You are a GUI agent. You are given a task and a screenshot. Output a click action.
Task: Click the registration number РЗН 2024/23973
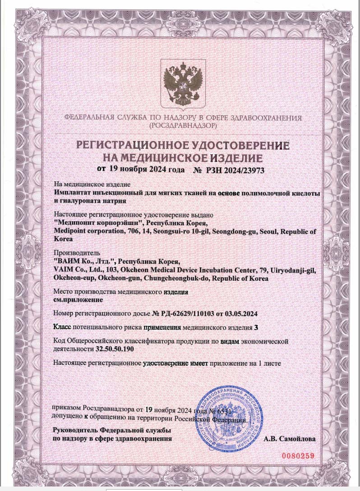pyautogui.click(x=235, y=170)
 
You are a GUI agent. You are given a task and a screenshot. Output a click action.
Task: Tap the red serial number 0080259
pyautogui.click(x=298, y=455)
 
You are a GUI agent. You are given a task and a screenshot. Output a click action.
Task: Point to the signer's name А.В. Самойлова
pyautogui.click(x=290, y=438)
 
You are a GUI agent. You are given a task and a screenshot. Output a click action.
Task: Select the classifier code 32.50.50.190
pyautogui.click(x=115, y=349)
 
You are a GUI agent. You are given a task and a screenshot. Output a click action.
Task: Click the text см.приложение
pyautogui.click(x=78, y=299)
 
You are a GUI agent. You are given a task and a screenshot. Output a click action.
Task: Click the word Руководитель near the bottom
pyautogui.click(x=76, y=429)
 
